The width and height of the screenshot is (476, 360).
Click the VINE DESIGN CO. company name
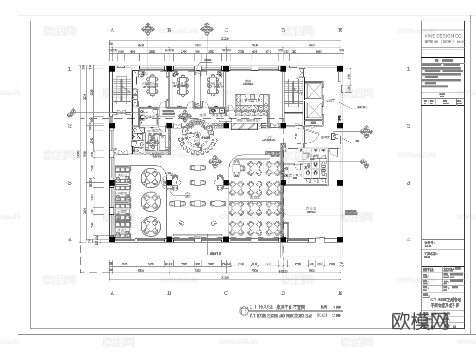pos(443,36)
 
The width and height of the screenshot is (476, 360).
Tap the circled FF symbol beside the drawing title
pos(243,311)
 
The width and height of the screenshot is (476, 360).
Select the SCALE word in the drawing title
pos(322,315)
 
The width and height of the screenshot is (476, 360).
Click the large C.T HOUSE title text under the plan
pos(261,307)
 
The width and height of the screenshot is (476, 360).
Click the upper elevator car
pos(314,90)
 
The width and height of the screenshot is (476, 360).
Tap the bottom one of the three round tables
pos(151,226)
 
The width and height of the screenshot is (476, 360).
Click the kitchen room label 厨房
pos(248,81)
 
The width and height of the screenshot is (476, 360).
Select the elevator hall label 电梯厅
pos(330,100)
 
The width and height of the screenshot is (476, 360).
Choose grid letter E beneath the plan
pos(340,293)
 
